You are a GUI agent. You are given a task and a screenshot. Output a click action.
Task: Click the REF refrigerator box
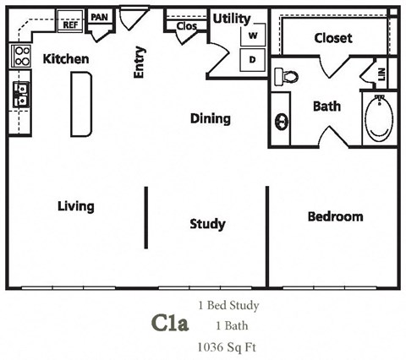pyautogui.click(x=70, y=25)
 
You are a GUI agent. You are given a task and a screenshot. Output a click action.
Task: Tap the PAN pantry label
pyautogui.click(x=100, y=17)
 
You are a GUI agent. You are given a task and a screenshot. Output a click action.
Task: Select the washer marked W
pyautogui.click(x=253, y=37)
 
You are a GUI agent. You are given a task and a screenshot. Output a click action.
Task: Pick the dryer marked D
pyautogui.click(x=253, y=60)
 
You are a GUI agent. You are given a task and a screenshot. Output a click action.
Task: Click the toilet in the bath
pyautogui.click(x=288, y=76)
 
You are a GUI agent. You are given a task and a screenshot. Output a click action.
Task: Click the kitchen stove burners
pyautogui.click(x=19, y=57)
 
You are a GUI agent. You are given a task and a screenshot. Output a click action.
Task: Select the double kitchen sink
pyautogui.click(x=19, y=95)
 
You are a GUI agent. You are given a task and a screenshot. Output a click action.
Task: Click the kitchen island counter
pyautogui.click(x=81, y=103)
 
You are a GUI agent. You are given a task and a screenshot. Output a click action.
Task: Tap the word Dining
pyautogui.click(x=210, y=118)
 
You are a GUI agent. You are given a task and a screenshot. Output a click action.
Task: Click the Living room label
pyautogui.click(x=75, y=206)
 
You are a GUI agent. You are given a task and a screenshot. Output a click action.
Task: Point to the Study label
pyautogui.click(x=207, y=224)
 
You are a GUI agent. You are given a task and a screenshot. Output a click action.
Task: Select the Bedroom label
pyautogui.click(x=335, y=216)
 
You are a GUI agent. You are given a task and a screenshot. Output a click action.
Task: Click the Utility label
pyautogui.click(x=230, y=18)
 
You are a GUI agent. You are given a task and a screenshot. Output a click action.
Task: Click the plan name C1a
pyautogui.click(x=169, y=324)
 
